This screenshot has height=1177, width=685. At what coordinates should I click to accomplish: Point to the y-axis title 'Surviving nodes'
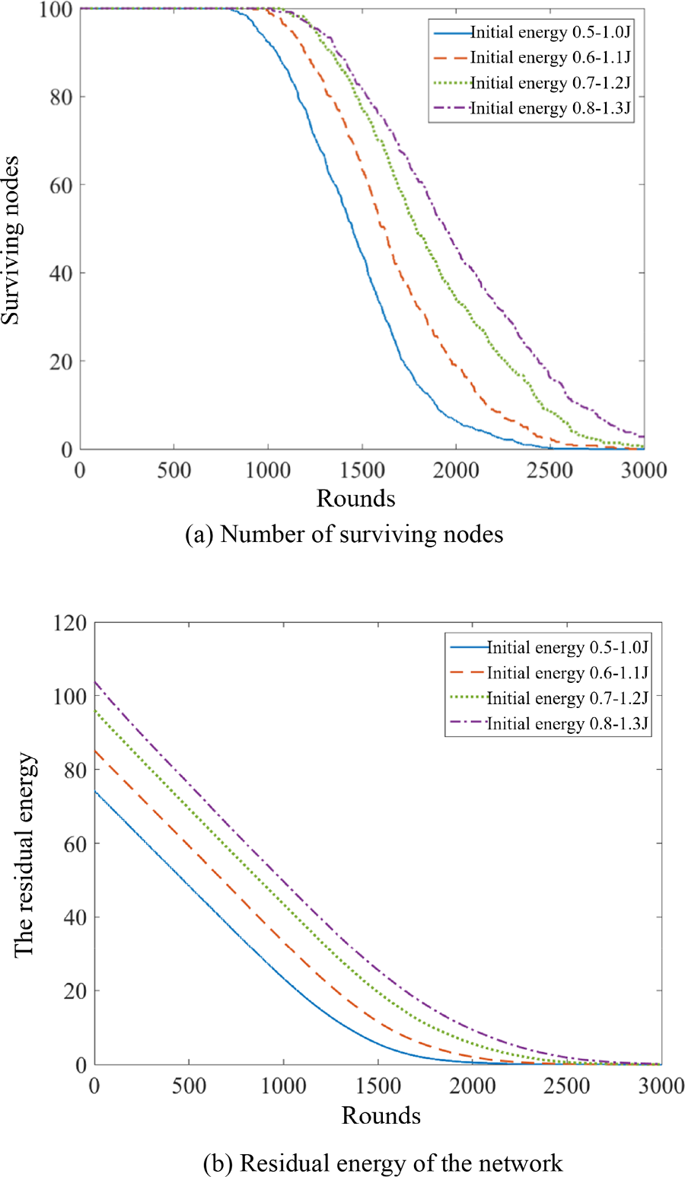click(x=11, y=240)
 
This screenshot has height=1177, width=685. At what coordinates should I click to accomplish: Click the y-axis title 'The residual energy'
click(x=24, y=854)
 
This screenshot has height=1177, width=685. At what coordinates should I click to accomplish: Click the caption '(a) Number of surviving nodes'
click(x=344, y=534)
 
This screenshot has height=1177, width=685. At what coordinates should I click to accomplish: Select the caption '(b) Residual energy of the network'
click(x=383, y=1163)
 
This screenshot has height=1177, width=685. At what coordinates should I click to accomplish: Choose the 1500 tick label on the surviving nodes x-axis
click(x=362, y=470)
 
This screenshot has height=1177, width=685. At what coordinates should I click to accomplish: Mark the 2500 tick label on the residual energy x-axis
click(x=567, y=1086)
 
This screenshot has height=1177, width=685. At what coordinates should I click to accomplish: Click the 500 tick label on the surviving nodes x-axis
click(x=174, y=470)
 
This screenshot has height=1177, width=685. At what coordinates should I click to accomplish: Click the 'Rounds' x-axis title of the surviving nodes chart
click(x=355, y=499)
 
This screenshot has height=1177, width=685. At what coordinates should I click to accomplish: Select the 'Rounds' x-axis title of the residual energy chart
click(x=381, y=1115)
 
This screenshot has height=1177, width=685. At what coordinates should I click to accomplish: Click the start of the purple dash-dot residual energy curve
click(x=95, y=682)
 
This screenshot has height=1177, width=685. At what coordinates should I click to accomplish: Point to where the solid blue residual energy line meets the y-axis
click(x=95, y=791)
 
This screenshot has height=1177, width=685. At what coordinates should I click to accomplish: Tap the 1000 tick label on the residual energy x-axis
click(x=283, y=1086)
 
